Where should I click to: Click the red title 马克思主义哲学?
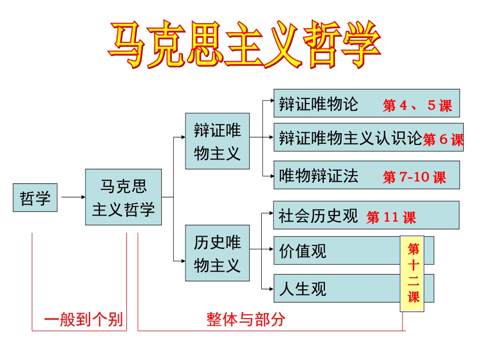pyautogui.click(x=244, y=45)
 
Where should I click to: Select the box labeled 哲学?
pyautogui.click(x=35, y=197)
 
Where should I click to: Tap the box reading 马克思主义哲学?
pyautogui.click(x=123, y=197)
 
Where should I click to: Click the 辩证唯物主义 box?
pyautogui.click(x=217, y=141)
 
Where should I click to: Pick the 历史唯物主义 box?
pyautogui.click(x=217, y=253)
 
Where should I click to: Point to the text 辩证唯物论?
pyautogui.click(x=318, y=104)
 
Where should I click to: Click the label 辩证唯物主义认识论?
pyautogui.click(x=350, y=137)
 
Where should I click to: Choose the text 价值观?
pyautogui.click(x=303, y=250)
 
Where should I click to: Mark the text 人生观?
pyautogui.click(x=303, y=289)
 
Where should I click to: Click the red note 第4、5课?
pyautogui.click(x=417, y=106)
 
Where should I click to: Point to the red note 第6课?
pyautogui.click(x=443, y=139)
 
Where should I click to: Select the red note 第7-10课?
pyautogui.click(x=414, y=177)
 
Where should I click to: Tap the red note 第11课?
pyautogui.click(x=392, y=218)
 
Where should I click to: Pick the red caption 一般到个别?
pyautogui.click(x=83, y=320)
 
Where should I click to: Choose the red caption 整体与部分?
pyautogui.click(x=246, y=320)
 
